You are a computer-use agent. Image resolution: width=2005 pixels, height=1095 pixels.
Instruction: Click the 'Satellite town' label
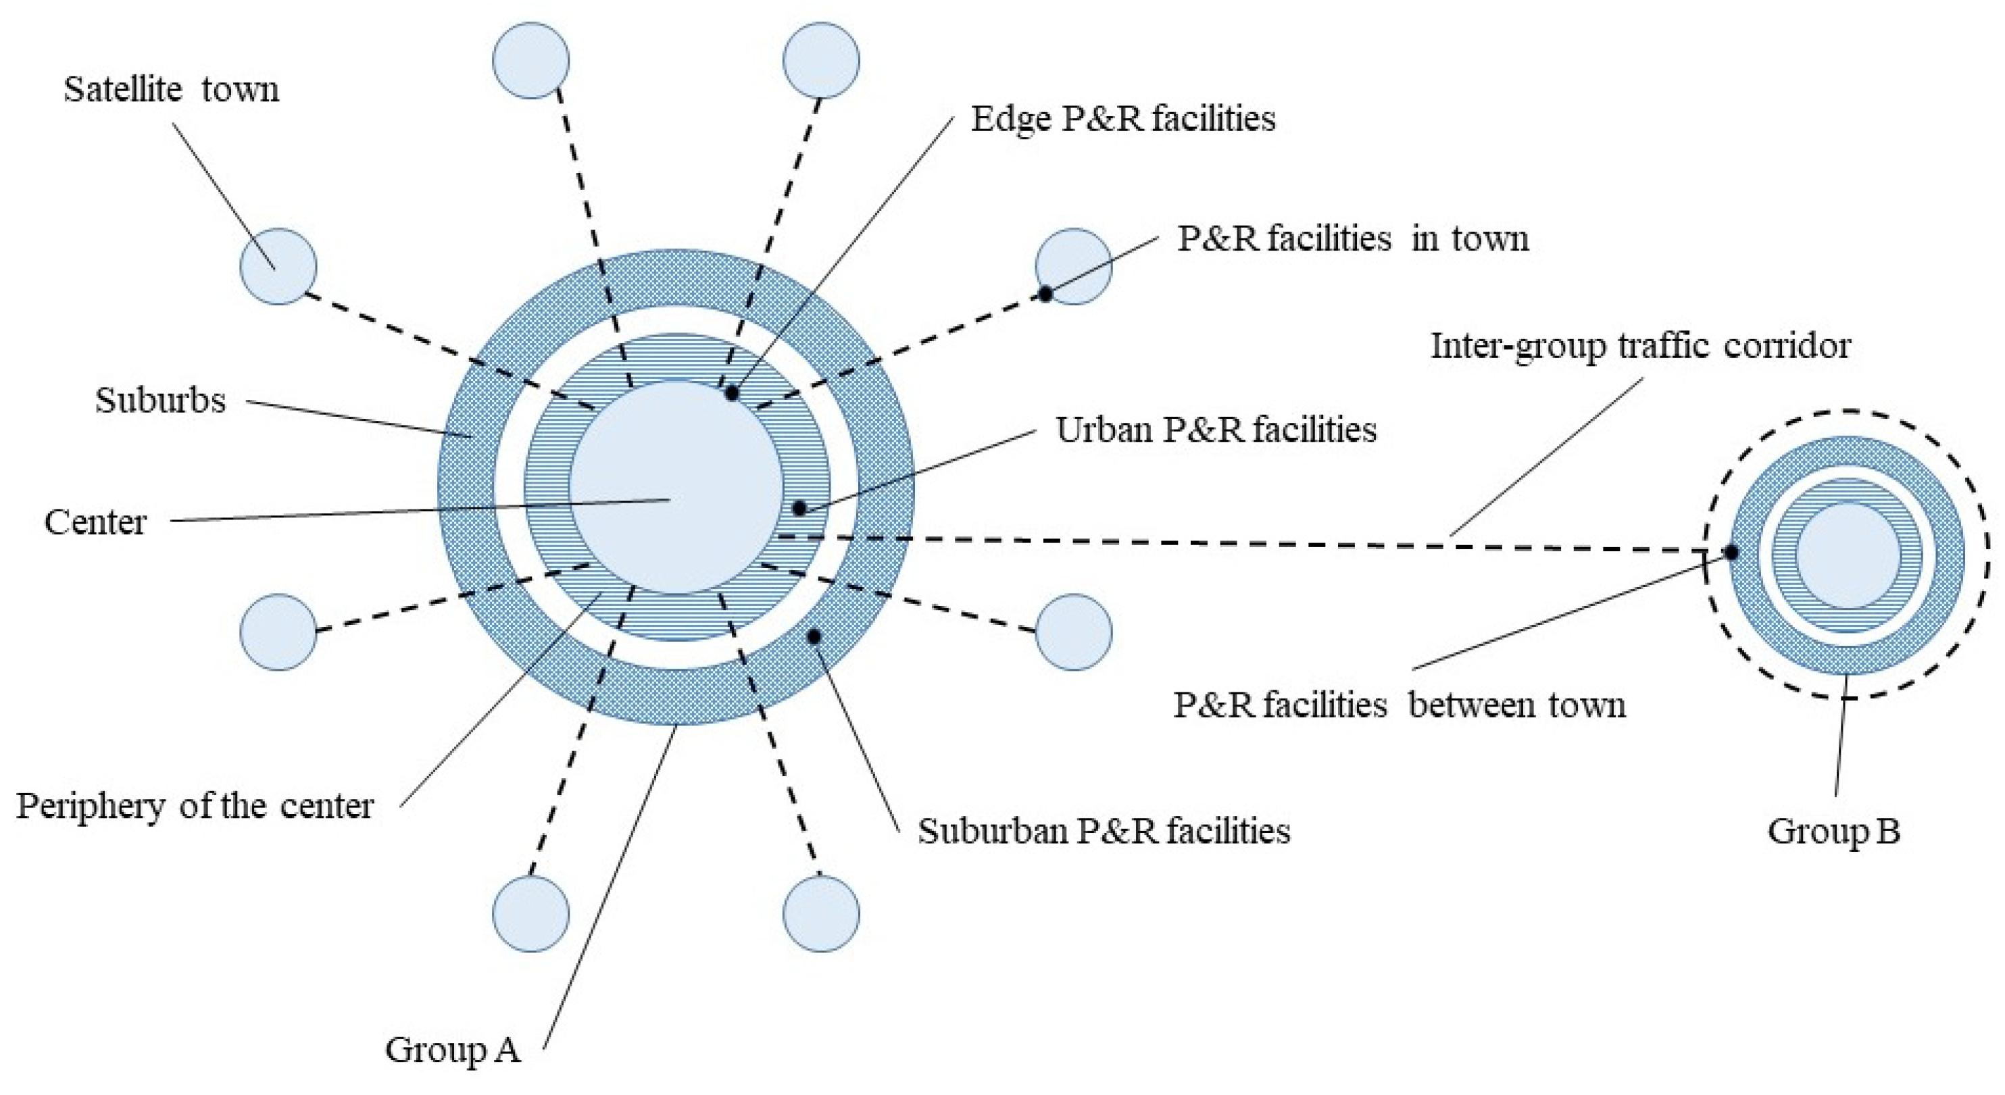pos(170,89)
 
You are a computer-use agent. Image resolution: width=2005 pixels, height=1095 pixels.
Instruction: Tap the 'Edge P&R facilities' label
pos(1122,119)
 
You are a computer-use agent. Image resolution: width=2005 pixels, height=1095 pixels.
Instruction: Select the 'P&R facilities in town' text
pos(1353,238)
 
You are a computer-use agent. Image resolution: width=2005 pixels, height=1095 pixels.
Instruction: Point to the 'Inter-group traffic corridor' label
pos(1641,346)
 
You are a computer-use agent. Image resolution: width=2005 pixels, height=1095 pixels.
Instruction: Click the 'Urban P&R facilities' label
pos(1216,430)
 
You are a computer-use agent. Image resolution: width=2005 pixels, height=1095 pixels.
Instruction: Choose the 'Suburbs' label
pos(160,400)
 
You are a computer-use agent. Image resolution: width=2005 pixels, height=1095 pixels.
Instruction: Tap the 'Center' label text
pos(95,522)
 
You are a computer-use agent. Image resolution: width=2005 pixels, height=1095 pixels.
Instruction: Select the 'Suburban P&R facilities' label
pos(1104,831)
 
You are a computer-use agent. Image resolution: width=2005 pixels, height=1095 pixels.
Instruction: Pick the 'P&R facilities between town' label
pos(1400,705)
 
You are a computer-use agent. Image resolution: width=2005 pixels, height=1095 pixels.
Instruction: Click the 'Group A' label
pos(452,1049)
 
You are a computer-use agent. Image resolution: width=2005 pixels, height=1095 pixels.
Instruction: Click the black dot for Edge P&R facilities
pos(732,393)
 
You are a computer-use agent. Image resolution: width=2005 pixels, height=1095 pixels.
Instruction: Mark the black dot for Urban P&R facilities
pos(799,509)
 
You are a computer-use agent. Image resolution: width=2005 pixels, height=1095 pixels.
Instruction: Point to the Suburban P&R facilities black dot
pos(814,636)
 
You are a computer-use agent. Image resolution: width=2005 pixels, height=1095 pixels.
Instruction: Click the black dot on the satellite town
pos(1046,294)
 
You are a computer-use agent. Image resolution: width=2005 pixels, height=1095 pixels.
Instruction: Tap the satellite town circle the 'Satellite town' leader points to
pos(278,266)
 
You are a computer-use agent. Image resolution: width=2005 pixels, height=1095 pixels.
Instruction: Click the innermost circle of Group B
pos(1848,555)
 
